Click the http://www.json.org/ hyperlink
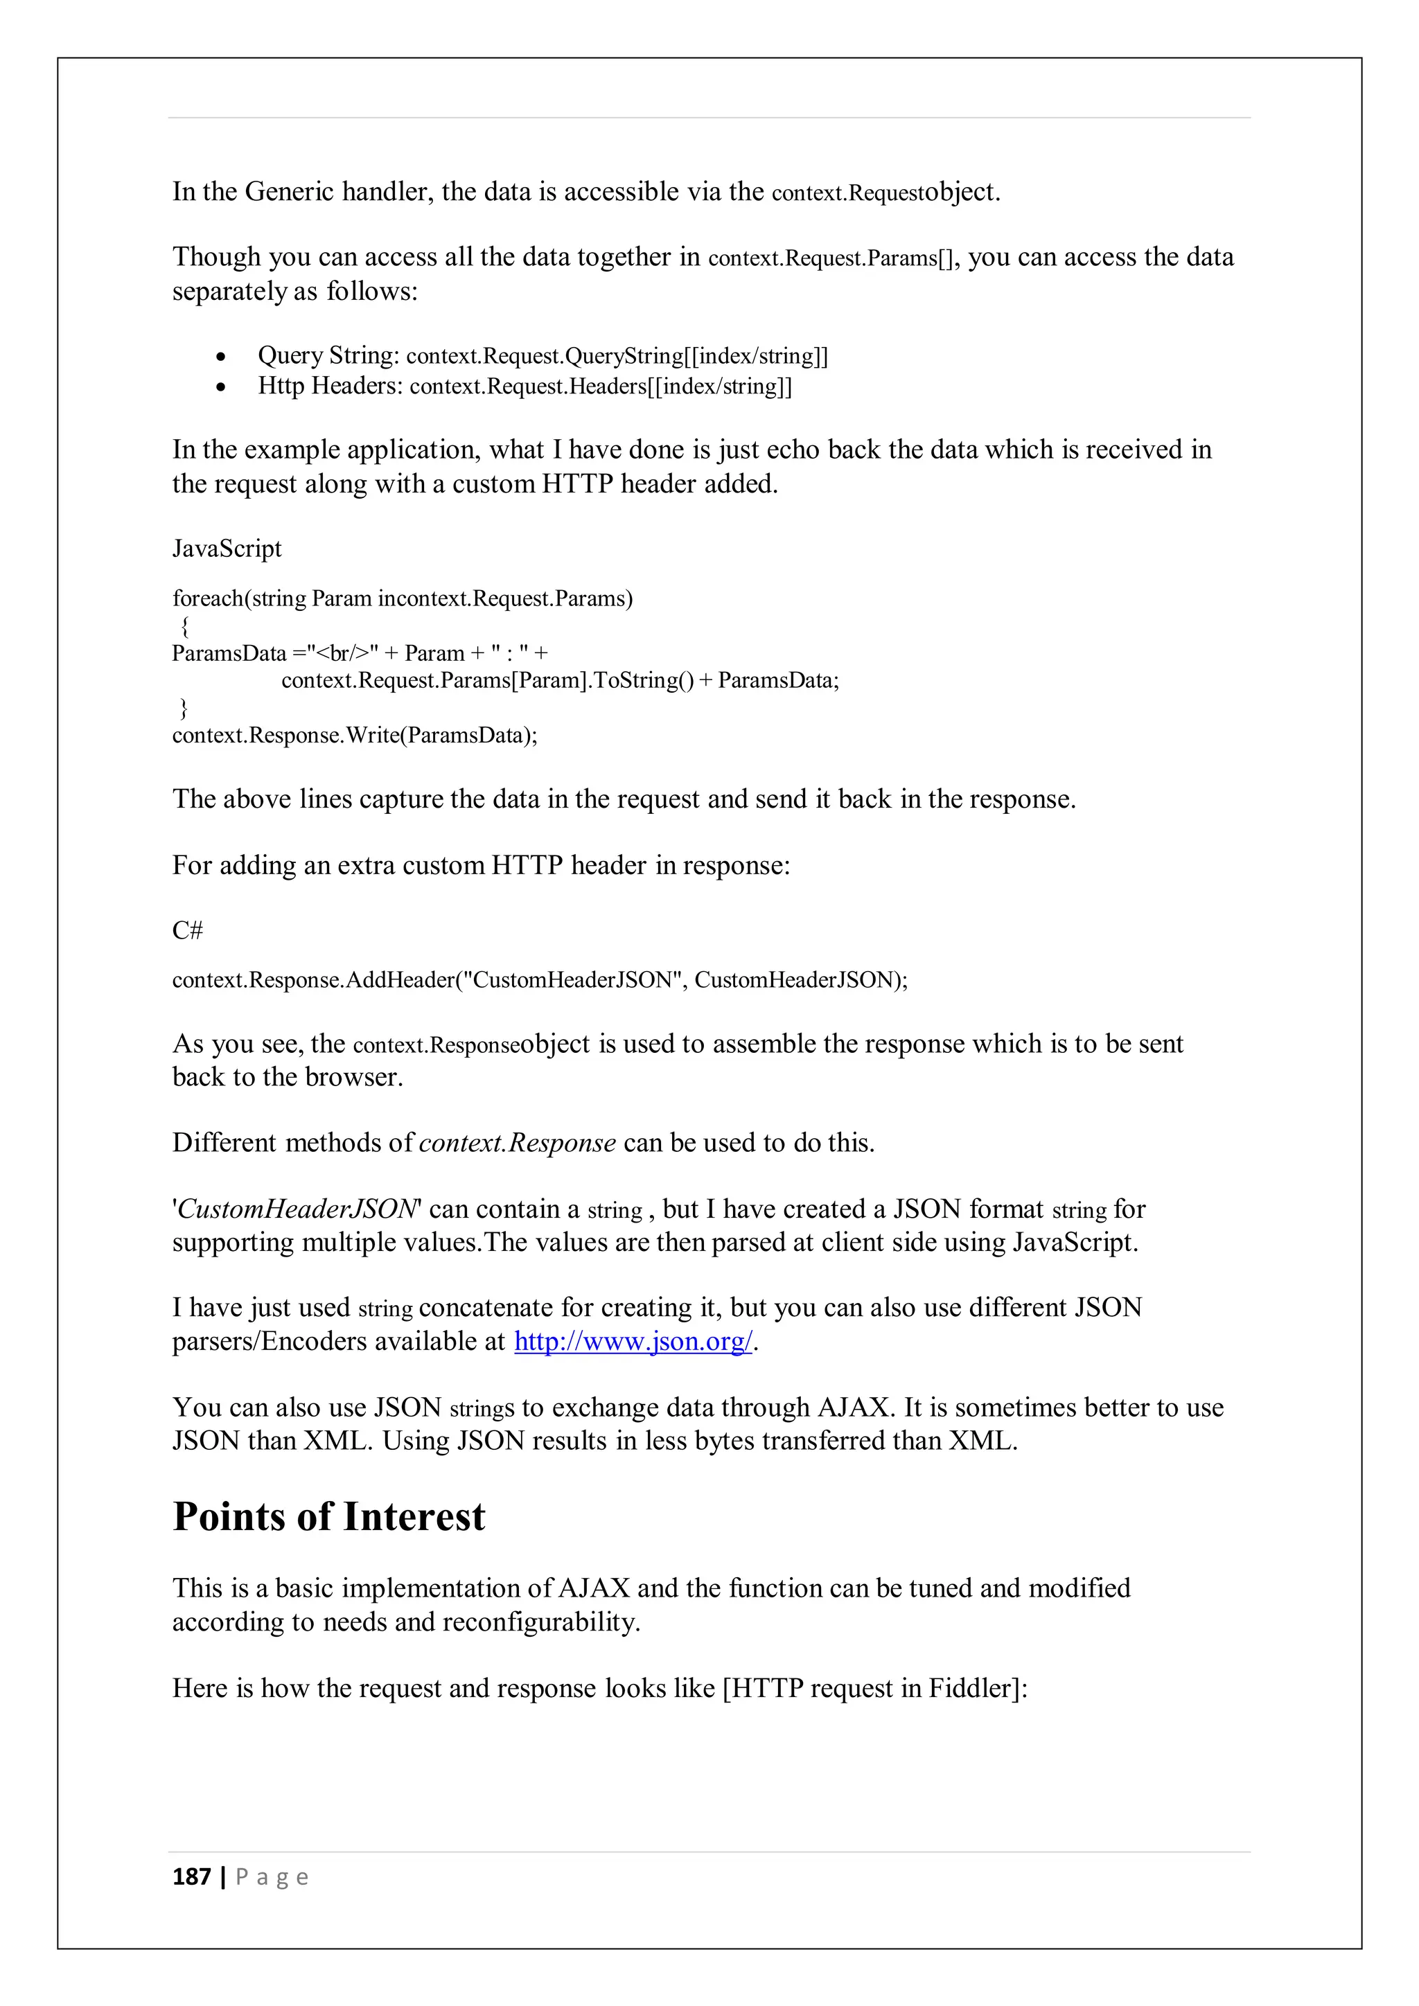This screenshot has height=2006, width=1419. click(x=633, y=1341)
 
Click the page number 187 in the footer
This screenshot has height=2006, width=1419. click(x=191, y=1878)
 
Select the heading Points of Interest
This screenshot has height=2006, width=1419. click(x=328, y=1517)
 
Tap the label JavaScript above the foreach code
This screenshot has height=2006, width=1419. click(x=227, y=549)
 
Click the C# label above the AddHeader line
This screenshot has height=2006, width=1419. click(x=187, y=930)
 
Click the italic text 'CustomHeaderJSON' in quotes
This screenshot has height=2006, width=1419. click(x=297, y=1209)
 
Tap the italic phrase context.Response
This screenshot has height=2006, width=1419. click(x=518, y=1143)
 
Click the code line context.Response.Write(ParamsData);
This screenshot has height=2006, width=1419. click(x=355, y=735)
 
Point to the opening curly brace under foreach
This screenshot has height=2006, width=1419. click(x=184, y=626)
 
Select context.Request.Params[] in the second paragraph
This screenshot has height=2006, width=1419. click(x=831, y=258)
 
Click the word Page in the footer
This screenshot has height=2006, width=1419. click(x=272, y=1878)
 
